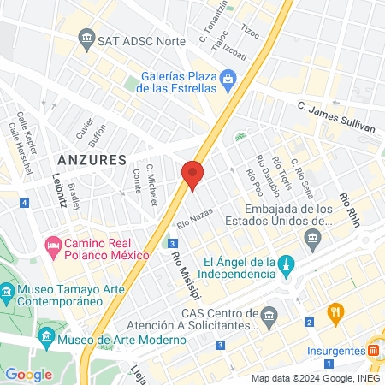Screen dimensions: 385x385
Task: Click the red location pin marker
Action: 192,175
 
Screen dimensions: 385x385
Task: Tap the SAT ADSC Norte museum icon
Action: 86,38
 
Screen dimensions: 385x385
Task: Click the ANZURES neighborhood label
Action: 92,160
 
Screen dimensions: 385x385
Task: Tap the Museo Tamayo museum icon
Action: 8,292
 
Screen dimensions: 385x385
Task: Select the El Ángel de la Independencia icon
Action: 287,262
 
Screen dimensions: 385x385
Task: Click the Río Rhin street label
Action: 347,209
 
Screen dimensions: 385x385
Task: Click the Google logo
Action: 28,374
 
